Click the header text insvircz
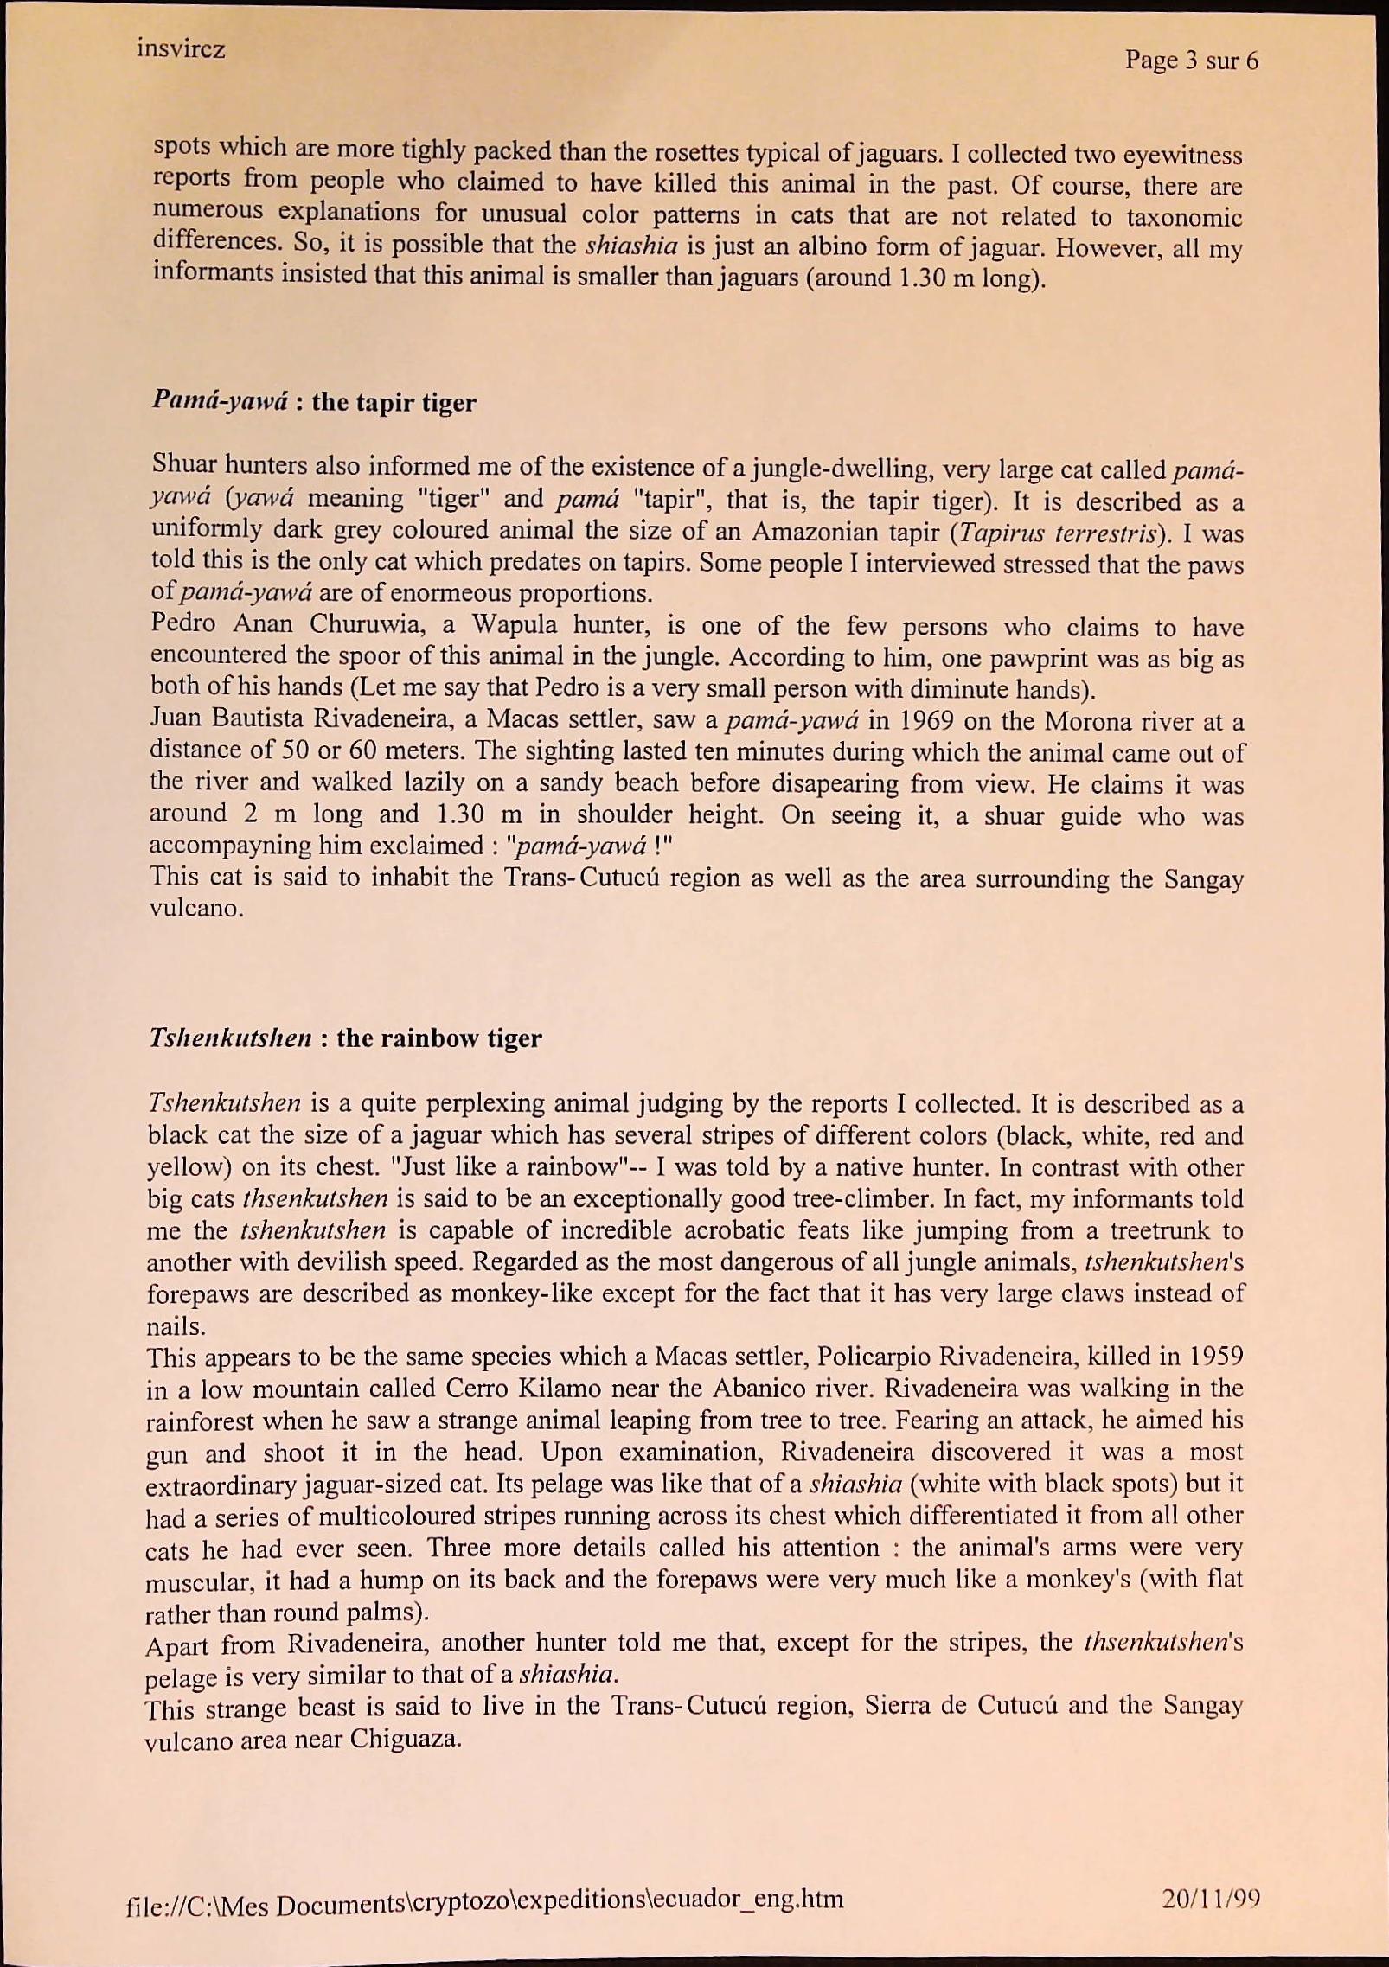point(181,48)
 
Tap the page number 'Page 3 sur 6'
point(1191,61)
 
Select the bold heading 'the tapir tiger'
point(394,402)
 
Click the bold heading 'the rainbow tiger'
point(439,1038)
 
